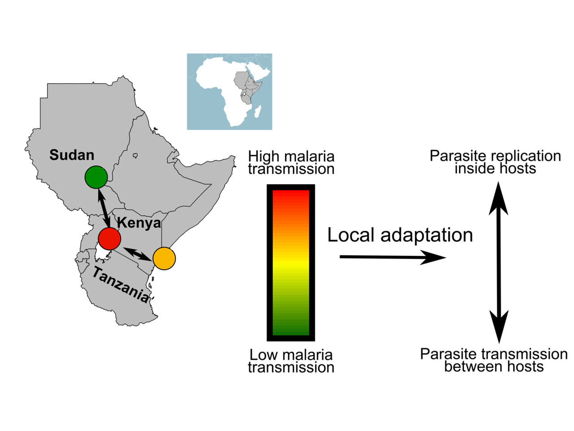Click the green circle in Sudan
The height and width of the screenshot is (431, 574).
96,177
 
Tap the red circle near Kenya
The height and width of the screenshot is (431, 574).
109,238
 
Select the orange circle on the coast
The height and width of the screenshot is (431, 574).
164,259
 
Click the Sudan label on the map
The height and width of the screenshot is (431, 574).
72,155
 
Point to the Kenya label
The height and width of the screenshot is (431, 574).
139,223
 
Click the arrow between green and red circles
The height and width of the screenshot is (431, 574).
103,208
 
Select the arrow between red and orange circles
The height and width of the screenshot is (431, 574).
137,253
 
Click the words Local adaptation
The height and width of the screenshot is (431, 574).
400,235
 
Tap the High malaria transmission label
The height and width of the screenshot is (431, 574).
291,163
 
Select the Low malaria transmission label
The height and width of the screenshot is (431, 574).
291,361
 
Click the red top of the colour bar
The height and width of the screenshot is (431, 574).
291,198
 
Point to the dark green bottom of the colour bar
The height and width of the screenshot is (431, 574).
291,328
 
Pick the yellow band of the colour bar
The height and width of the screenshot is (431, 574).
291,265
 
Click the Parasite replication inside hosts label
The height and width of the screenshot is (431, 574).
495,162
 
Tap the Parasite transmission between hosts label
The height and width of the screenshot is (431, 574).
494,360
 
